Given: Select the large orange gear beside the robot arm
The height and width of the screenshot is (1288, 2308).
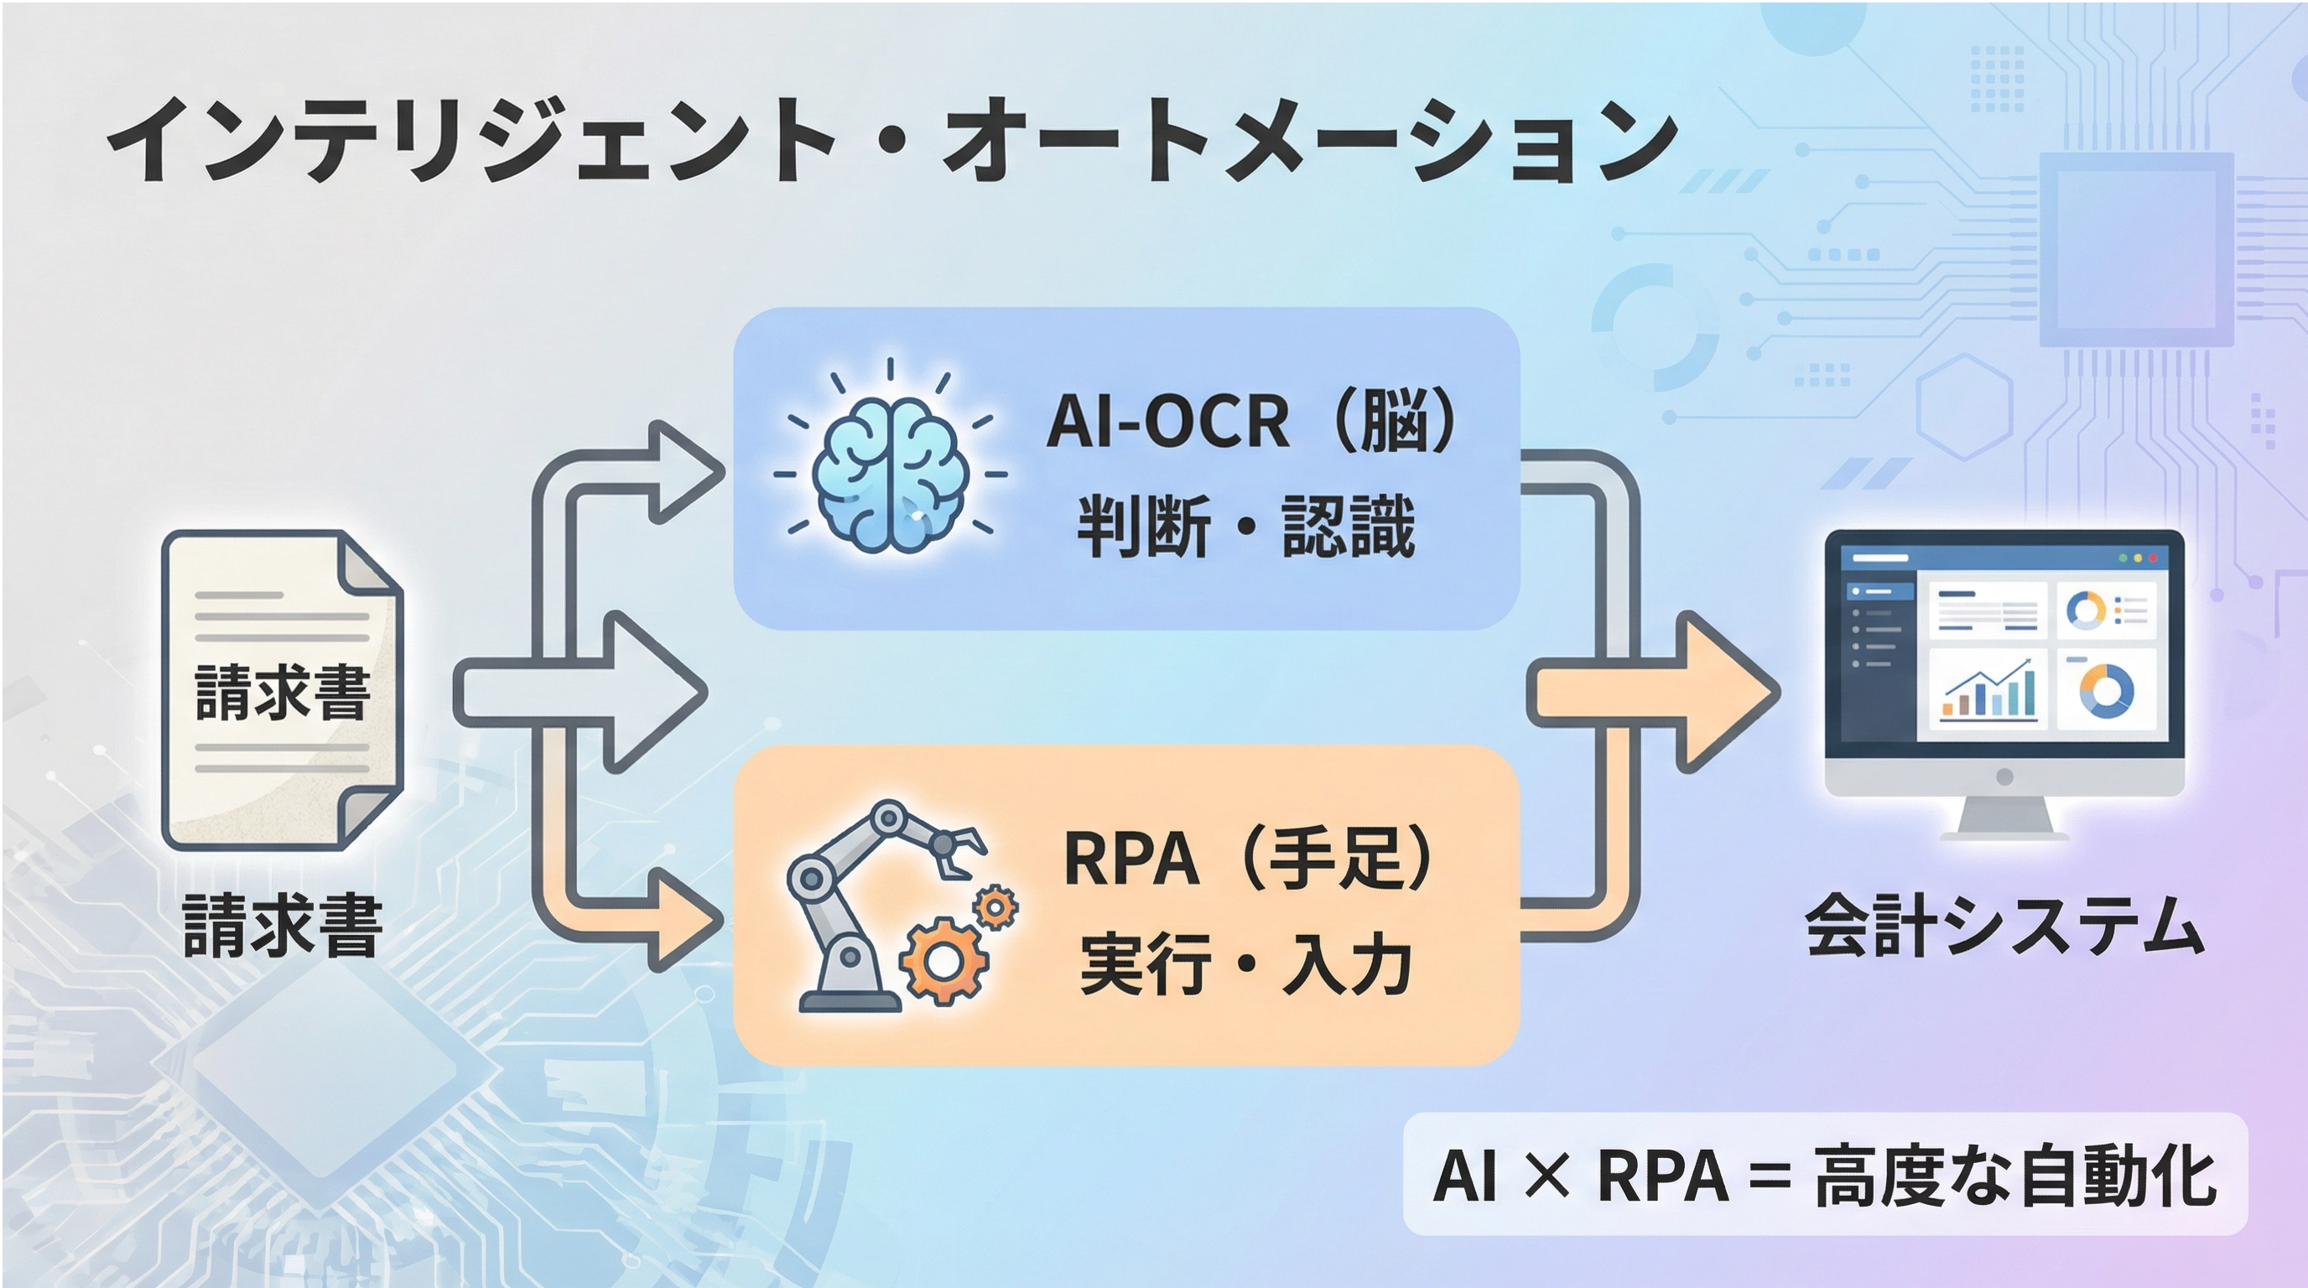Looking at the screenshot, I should click(943, 960).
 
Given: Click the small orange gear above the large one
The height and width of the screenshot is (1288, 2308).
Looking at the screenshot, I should click(995, 908).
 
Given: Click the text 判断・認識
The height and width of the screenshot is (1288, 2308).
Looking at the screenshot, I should click(1245, 526).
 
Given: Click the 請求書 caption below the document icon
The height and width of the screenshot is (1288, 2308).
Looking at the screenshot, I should click(283, 925).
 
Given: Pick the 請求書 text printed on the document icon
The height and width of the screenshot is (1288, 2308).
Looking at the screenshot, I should click(283, 693).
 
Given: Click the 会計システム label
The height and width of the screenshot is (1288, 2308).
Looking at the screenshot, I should click(2004, 925).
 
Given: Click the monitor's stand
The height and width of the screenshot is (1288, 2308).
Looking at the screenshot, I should click(2004, 815).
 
